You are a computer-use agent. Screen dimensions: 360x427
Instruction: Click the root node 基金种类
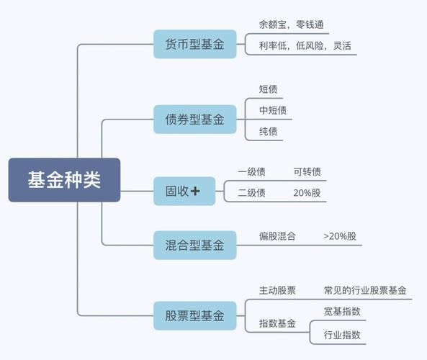click(x=64, y=180)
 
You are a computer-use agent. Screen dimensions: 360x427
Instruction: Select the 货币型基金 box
click(x=194, y=45)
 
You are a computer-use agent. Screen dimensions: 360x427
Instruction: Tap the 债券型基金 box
click(x=194, y=120)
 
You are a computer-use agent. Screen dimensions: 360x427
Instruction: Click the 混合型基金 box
click(x=194, y=246)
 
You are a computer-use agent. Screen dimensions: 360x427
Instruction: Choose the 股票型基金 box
click(x=194, y=315)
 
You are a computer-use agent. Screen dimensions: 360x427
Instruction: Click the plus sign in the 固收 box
click(x=196, y=191)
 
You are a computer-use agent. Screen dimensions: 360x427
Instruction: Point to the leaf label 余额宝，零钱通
click(x=292, y=24)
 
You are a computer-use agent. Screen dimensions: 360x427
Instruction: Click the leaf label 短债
click(x=269, y=89)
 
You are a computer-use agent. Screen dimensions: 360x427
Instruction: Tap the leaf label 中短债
click(x=273, y=110)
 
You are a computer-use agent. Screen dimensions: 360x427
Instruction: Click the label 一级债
click(x=251, y=171)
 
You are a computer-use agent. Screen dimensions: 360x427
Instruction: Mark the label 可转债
click(x=307, y=171)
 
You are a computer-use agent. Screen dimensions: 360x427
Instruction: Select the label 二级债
click(x=251, y=193)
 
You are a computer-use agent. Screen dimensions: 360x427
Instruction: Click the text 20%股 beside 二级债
click(x=307, y=193)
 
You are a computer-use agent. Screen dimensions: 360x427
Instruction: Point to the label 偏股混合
click(x=277, y=235)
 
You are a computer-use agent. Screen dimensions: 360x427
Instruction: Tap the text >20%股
click(x=340, y=235)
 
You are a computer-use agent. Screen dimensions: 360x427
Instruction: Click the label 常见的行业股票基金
click(x=365, y=290)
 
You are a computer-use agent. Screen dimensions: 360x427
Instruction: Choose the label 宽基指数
click(x=342, y=312)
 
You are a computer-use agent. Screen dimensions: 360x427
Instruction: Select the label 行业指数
click(x=342, y=334)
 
